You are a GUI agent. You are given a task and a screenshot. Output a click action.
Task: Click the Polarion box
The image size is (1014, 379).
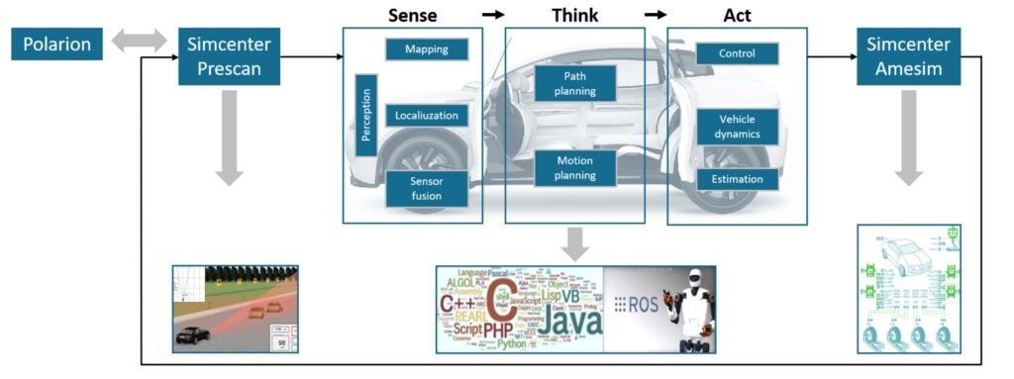click(x=57, y=44)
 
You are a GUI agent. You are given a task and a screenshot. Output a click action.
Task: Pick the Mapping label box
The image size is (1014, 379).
click(x=427, y=48)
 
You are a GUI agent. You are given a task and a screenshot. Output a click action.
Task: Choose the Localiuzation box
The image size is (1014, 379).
click(x=426, y=116)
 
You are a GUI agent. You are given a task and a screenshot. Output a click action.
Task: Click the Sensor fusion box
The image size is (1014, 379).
click(x=426, y=189)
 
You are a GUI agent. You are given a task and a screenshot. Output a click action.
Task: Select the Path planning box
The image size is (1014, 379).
click(x=575, y=83)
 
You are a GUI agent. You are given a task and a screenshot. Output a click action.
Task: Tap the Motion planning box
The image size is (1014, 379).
click(x=575, y=168)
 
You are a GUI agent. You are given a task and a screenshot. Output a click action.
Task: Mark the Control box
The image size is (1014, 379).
click(x=737, y=53)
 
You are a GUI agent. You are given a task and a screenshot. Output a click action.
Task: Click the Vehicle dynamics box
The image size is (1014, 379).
click(x=737, y=126)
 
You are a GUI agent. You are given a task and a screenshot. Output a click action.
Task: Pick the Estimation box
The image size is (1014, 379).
click(x=737, y=179)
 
